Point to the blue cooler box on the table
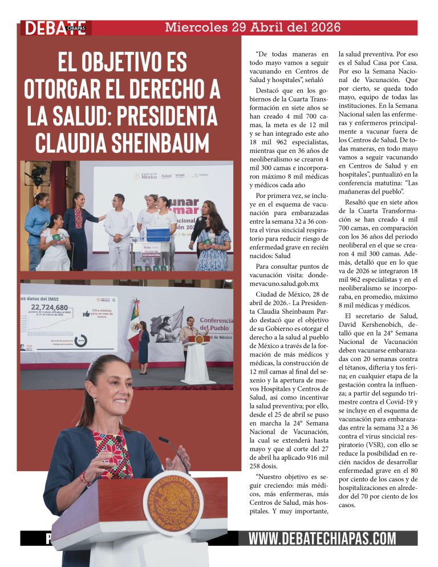[158, 234]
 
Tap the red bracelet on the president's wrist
[86, 478]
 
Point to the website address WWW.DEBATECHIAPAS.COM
[322, 538]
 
